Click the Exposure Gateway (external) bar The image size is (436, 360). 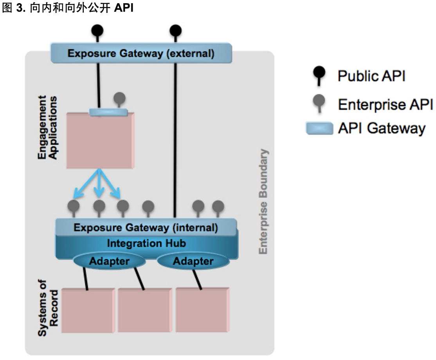pos(141,53)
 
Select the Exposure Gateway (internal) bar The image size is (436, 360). pos(146,227)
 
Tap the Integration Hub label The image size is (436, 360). pos(146,243)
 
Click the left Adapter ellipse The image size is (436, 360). pos(109,261)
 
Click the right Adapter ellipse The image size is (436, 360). pos(193,261)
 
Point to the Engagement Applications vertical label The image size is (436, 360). pos(47,127)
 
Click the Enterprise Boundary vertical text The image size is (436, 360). pos(264,202)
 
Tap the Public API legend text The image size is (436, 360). pos(371,76)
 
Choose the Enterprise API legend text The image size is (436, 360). pos(385,104)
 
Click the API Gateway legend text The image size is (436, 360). pos(381,128)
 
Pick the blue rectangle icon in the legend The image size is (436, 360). pos(320,128)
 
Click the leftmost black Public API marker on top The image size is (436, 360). pos(97,30)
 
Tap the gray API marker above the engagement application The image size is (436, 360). pos(119,98)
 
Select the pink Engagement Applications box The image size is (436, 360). pos(100,141)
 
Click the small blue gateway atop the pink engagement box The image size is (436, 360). pos(108,112)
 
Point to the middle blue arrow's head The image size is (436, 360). pos(99,193)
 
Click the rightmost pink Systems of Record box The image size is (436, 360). pos(202,310)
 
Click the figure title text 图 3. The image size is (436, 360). pos(12,8)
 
